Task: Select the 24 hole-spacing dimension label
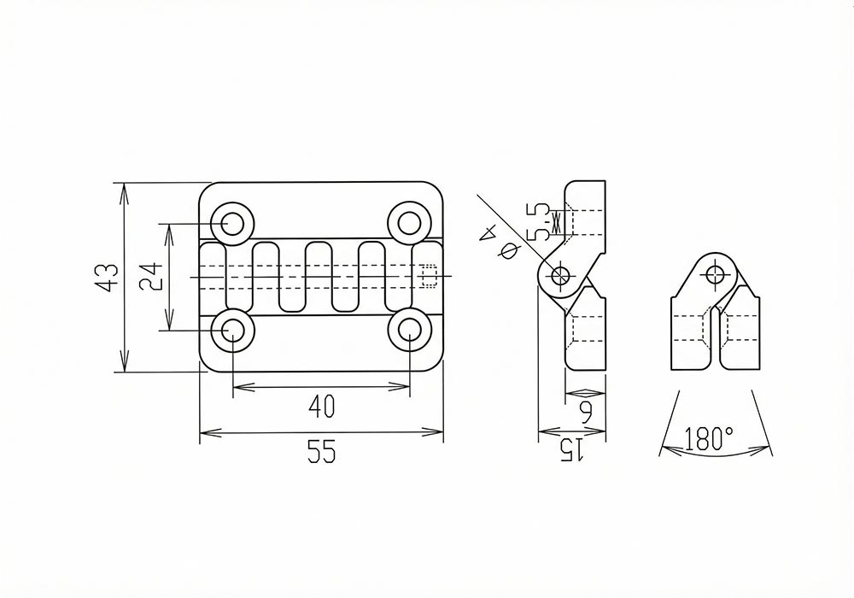pyautogui.click(x=150, y=277)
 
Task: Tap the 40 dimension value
pyautogui.click(x=321, y=406)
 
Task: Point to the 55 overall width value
pyautogui.click(x=321, y=451)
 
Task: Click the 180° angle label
pyautogui.click(x=707, y=438)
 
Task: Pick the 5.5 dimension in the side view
pyautogui.click(x=539, y=222)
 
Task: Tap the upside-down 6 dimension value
pyautogui.click(x=586, y=413)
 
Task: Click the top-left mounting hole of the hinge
pyautogui.click(x=232, y=223)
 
